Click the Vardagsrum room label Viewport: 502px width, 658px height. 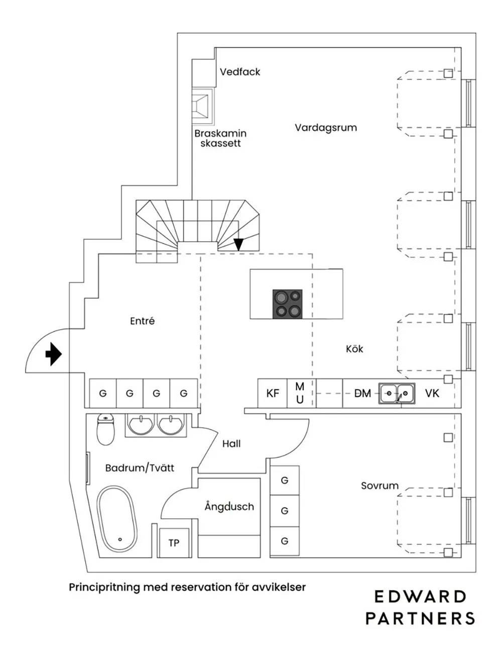point(325,128)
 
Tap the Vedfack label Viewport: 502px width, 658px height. point(240,72)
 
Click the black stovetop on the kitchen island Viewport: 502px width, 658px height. point(288,304)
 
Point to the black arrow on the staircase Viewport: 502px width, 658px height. point(238,244)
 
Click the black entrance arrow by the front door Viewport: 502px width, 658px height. point(53,354)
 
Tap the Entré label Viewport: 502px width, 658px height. point(142,321)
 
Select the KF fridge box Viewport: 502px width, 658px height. point(273,393)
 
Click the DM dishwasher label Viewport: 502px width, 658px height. point(362,393)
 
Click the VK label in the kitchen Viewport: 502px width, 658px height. point(432,393)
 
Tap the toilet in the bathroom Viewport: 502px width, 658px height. point(105,430)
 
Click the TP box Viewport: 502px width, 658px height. point(174,543)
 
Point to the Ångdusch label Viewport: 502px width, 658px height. point(229,507)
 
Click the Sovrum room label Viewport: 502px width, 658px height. point(380,486)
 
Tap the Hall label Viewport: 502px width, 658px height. point(231,444)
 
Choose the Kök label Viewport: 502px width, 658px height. point(354,349)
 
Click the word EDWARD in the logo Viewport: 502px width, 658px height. point(420,597)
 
